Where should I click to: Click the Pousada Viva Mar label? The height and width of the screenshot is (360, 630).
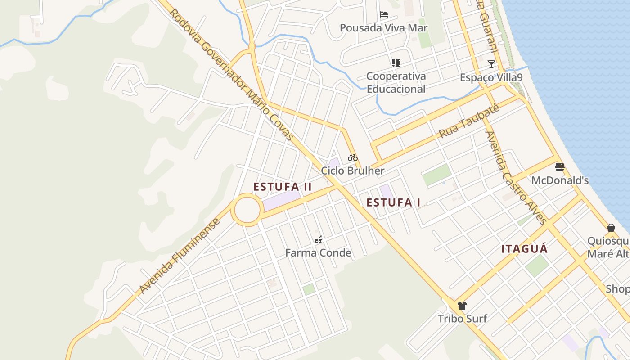pyautogui.click(x=383, y=28)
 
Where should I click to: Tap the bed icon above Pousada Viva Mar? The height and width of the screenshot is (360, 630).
pyautogui.click(x=384, y=14)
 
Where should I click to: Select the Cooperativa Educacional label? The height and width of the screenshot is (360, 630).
pyautogui.click(x=396, y=82)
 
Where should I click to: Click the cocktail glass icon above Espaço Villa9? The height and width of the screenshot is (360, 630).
pyautogui.click(x=491, y=64)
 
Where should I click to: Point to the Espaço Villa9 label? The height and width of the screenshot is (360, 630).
pyautogui.click(x=491, y=78)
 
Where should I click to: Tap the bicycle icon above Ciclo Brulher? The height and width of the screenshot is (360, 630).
pyautogui.click(x=353, y=157)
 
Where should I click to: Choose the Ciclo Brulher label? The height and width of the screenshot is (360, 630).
pyautogui.click(x=353, y=171)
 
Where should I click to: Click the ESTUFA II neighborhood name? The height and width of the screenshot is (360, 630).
pyautogui.click(x=283, y=187)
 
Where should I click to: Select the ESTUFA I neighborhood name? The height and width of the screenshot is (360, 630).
pyautogui.click(x=393, y=202)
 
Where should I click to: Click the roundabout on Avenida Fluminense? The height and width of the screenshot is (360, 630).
pyautogui.click(x=247, y=210)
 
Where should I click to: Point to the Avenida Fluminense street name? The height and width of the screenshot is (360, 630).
pyautogui.click(x=180, y=256)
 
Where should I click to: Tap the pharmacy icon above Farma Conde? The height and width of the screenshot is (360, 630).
pyautogui.click(x=318, y=240)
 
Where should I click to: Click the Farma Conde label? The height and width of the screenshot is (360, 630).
pyautogui.click(x=318, y=253)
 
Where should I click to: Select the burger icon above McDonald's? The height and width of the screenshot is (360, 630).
pyautogui.click(x=560, y=167)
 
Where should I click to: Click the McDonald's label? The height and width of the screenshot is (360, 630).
pyautogui.click(x=560, y=181)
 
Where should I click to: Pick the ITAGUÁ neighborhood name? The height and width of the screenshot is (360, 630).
pyautogui.click(x=525, y=249)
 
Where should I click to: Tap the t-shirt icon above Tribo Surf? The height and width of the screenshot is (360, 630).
pyautogui.click(x=462, y=306)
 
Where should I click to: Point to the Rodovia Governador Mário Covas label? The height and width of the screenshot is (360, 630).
pyautogui.click(x=231, y=74)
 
